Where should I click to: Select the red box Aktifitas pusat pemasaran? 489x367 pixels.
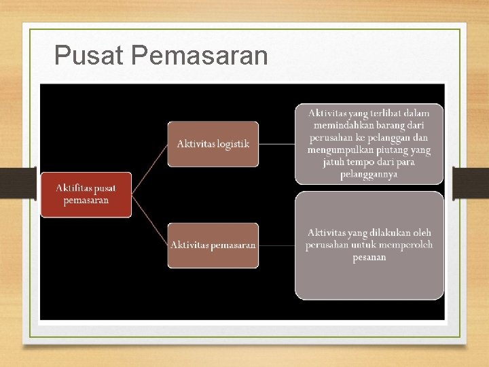pos(86,194)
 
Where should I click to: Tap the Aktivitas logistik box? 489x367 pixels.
pos(213,143)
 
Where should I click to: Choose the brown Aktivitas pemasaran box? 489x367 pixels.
pos(213,245)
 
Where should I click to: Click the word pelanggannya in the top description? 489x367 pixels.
pos(369,175)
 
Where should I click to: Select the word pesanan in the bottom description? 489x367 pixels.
pos(369,258)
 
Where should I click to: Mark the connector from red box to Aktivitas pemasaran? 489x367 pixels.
pos(149,220)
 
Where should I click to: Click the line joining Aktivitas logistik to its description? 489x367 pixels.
pos(276,143)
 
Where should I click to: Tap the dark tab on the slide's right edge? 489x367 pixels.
pos(471,182)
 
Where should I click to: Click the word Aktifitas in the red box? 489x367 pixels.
pos(76,188)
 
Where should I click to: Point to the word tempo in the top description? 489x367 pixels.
pos(366,162)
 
